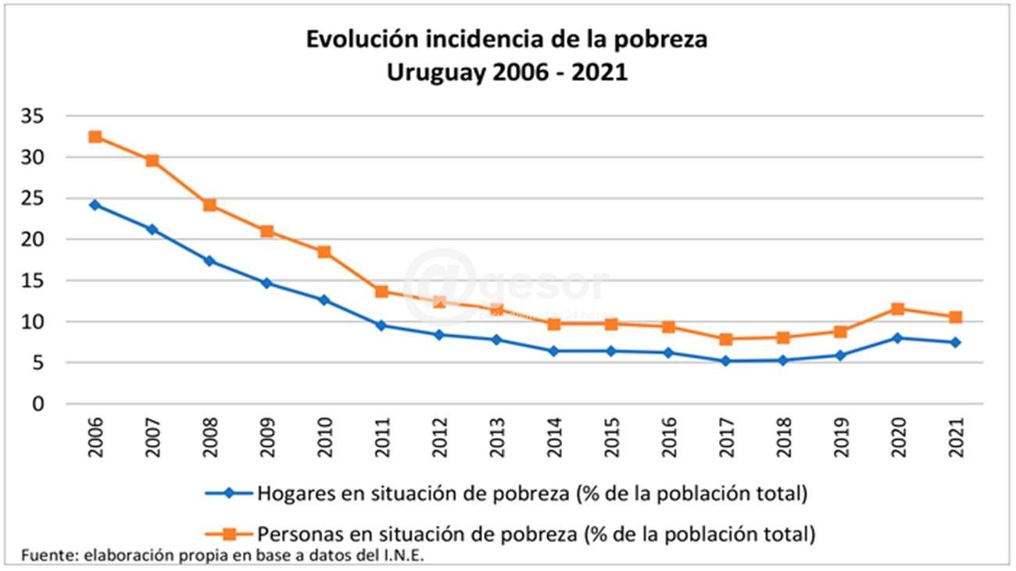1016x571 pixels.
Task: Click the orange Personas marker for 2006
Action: coord(95,137)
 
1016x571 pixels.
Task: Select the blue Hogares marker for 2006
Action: coord(95,205)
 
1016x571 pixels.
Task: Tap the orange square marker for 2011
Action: coord(381,291)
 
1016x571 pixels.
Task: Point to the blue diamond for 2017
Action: coord(725,361)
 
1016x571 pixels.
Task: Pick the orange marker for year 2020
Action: coord(897,309)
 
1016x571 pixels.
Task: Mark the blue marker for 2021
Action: coord(955,342)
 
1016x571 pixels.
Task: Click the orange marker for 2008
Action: coord(209,205)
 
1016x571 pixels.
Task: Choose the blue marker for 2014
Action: coord(553,352)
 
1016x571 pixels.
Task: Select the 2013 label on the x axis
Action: coord(496,438)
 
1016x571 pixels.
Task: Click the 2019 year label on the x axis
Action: coord(840,438)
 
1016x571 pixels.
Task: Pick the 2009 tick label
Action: coord(267,438)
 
